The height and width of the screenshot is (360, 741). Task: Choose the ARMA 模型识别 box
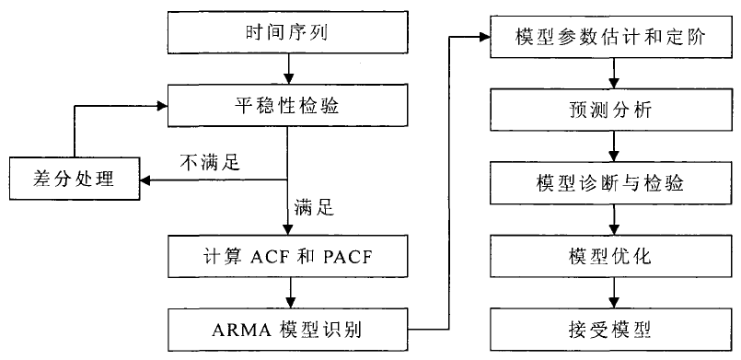tap(289, 326)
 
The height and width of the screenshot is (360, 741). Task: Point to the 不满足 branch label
tap(209, 164)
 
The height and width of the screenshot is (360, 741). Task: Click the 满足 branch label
tap(312, 209)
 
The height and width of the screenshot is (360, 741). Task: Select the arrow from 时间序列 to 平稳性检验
tap(289, 67)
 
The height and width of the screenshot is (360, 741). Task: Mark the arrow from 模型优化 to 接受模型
tap(614, 291)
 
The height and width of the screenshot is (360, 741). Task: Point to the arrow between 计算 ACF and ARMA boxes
tap(289, 292)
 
